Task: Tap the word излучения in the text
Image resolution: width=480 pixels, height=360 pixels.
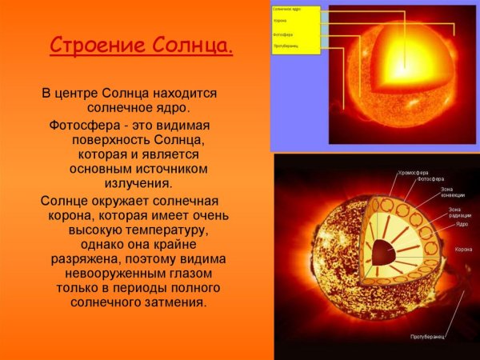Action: (133, 183)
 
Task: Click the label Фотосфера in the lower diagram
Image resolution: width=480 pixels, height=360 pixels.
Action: (432, 180)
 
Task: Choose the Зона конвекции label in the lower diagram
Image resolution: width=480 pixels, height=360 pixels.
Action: (452, 193)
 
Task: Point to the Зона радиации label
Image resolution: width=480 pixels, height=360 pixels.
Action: (459, 214)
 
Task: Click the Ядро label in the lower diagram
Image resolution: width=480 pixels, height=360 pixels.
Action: (462, 225)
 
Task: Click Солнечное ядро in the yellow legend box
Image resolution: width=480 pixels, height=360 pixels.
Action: (288, 9)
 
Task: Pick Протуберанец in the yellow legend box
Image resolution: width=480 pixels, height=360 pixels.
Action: (287, 46)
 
